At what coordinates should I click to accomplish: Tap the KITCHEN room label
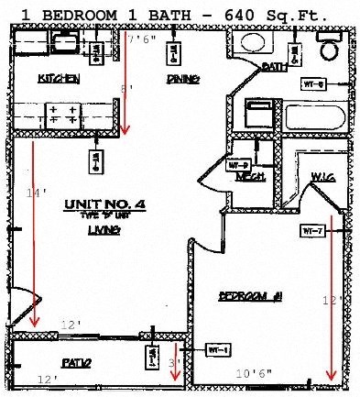click(59, 79)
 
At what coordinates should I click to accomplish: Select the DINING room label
click(183, 79)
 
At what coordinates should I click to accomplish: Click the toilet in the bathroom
click(328, 49)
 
